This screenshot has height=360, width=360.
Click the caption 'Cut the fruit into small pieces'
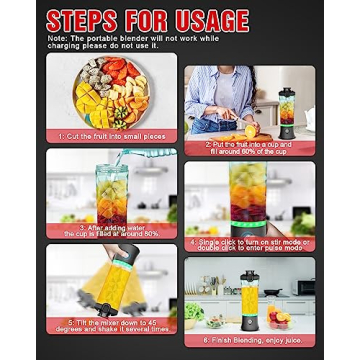111,135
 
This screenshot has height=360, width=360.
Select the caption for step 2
249,147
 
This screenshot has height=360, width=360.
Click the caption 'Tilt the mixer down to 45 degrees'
111,324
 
